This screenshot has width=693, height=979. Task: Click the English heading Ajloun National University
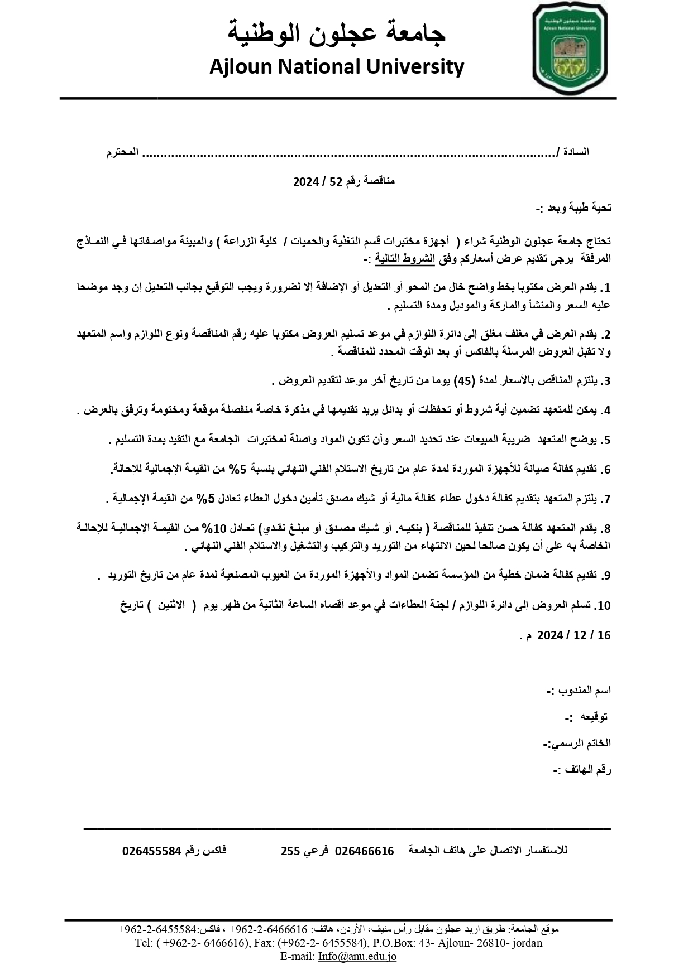tap(337, 67)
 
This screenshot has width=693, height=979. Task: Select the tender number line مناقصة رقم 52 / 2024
tap(344, 181)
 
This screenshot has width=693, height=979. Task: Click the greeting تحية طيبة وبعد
tap(574, 208)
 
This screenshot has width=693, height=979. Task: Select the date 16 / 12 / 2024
tap(574, 635)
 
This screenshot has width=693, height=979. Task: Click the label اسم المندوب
tap(579, 691)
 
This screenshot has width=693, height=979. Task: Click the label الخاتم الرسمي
tap(577, 744)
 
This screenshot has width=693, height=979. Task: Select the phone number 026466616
tap(364, 851)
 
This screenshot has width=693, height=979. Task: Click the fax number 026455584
tap(152, 851)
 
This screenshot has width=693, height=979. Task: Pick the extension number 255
tap(290, 851)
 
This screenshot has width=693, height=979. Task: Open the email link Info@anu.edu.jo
tap(357, 956)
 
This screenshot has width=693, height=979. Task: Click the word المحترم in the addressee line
tap(123, 152)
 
